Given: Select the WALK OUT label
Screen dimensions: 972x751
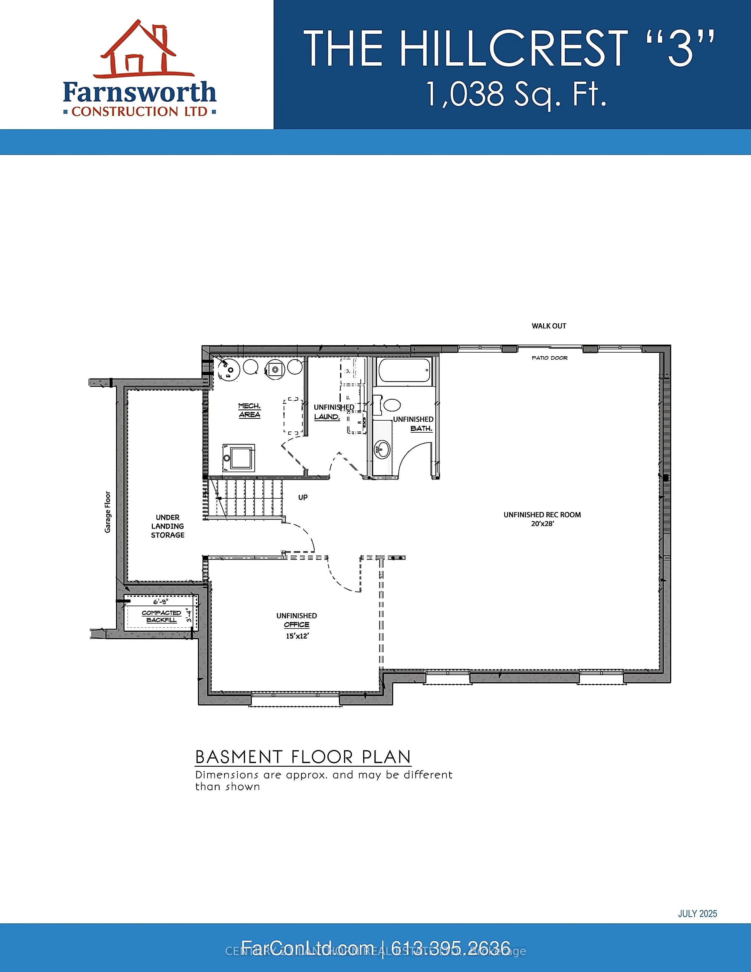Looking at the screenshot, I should pyautogui.click(x=549, y=326).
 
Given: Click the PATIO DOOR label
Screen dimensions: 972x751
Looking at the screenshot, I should pyautogui.click(x=550, y=358).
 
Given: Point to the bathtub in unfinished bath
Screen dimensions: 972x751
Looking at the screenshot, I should pyautogui.click(x=403, y=371).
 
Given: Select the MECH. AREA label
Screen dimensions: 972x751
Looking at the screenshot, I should pyautogui.click(x=249, y=410).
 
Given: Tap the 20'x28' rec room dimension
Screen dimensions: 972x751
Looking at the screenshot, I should pyautogui.click(x=542, y=523).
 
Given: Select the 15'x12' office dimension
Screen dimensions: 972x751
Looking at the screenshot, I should pyautogui.click(x=297, y=636).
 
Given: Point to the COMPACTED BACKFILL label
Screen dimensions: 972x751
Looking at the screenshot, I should pyautogui.click(x=161, y=616).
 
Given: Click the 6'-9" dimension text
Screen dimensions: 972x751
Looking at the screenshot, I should pyautogui.click(x=160, y=602).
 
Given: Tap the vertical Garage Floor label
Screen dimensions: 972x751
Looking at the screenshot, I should pyautogui.click(x=108, y=512).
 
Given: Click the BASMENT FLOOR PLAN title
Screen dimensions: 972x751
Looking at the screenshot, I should pyautogui.click(x=303, y=757).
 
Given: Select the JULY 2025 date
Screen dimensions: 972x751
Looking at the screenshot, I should pyautogui.click(x=697, y=913).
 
